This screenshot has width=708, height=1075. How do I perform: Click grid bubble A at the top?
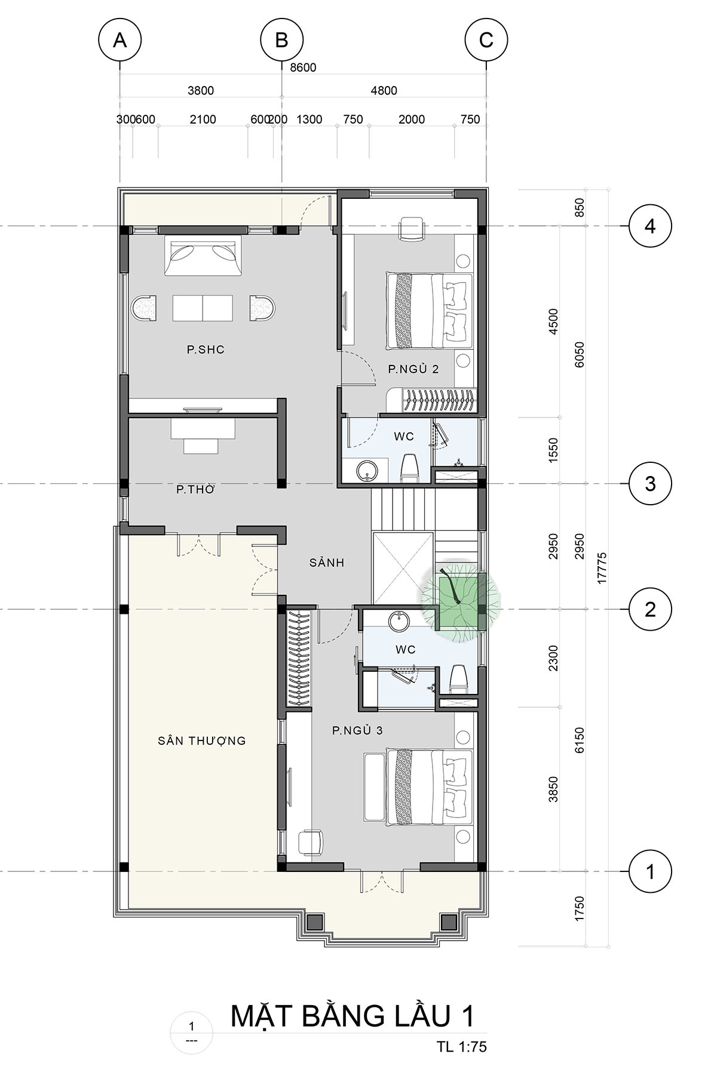coord(120,40)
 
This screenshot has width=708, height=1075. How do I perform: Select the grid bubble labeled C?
coord(486,40)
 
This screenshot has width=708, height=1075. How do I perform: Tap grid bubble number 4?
coord(650,226)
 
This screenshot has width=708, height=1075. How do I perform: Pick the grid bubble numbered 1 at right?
coord(650,872)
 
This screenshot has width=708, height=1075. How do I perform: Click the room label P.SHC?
coord(206,349)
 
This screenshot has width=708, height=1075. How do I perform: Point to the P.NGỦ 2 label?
coord(413,369)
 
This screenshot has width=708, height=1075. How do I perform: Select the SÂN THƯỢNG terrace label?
coord(202,741)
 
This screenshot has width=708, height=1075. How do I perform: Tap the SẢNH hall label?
coord(327,562)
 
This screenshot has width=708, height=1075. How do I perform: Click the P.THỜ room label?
coord(195,489)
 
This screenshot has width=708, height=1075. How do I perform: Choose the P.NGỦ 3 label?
coord(357,730)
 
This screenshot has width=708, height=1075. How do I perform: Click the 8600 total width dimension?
coord(303,67)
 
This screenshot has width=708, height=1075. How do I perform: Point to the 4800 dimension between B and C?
coord(384,91)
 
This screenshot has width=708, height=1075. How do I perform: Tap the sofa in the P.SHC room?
coord(203,256)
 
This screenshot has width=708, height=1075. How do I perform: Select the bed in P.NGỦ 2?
coord(430,311)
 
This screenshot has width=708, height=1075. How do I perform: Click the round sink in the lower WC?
coord(399,622)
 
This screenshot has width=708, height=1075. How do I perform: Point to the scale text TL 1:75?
coord(461,1046)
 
